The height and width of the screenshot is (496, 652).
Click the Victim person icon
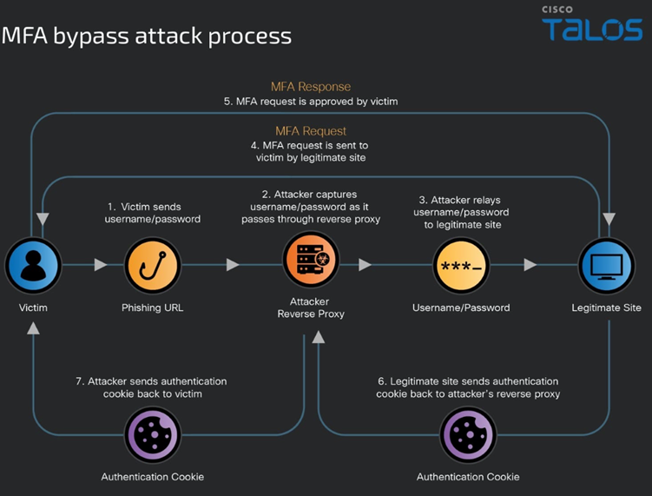32,266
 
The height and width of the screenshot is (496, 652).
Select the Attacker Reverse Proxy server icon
310,261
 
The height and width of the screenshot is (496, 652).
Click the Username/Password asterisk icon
460,266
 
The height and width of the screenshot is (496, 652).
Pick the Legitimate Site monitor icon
606,266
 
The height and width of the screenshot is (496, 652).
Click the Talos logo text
592,30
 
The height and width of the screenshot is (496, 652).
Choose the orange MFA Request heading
311,131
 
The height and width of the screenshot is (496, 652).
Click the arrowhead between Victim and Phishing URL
101,265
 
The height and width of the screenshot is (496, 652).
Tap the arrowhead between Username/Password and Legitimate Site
530,265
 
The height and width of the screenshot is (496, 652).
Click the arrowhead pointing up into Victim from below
32,327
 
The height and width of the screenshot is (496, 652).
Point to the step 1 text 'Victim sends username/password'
154,213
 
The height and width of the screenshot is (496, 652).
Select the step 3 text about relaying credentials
461,212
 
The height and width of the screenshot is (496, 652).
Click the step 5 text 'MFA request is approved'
311,102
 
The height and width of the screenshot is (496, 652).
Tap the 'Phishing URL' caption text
152,308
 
